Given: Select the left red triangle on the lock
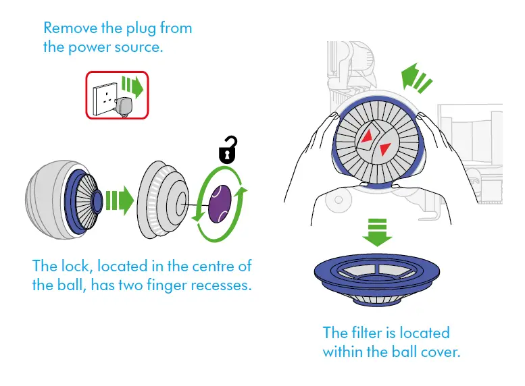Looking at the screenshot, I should [x=367, y=138].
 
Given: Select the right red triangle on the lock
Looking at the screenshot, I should [x=384, y=148].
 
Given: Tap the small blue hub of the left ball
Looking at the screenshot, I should [x=96, y=200].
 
